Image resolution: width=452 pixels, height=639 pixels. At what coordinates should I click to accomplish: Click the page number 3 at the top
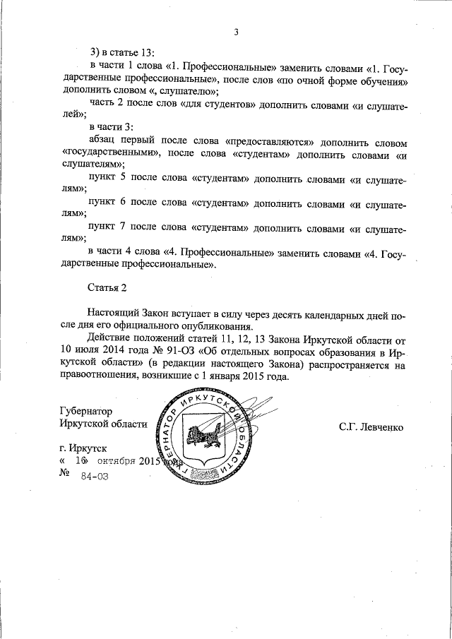coord(237,32)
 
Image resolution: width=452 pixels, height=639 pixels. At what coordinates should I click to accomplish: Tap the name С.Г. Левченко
coord(370,426)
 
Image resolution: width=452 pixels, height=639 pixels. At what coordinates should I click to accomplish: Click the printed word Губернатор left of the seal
coord(86,411)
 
